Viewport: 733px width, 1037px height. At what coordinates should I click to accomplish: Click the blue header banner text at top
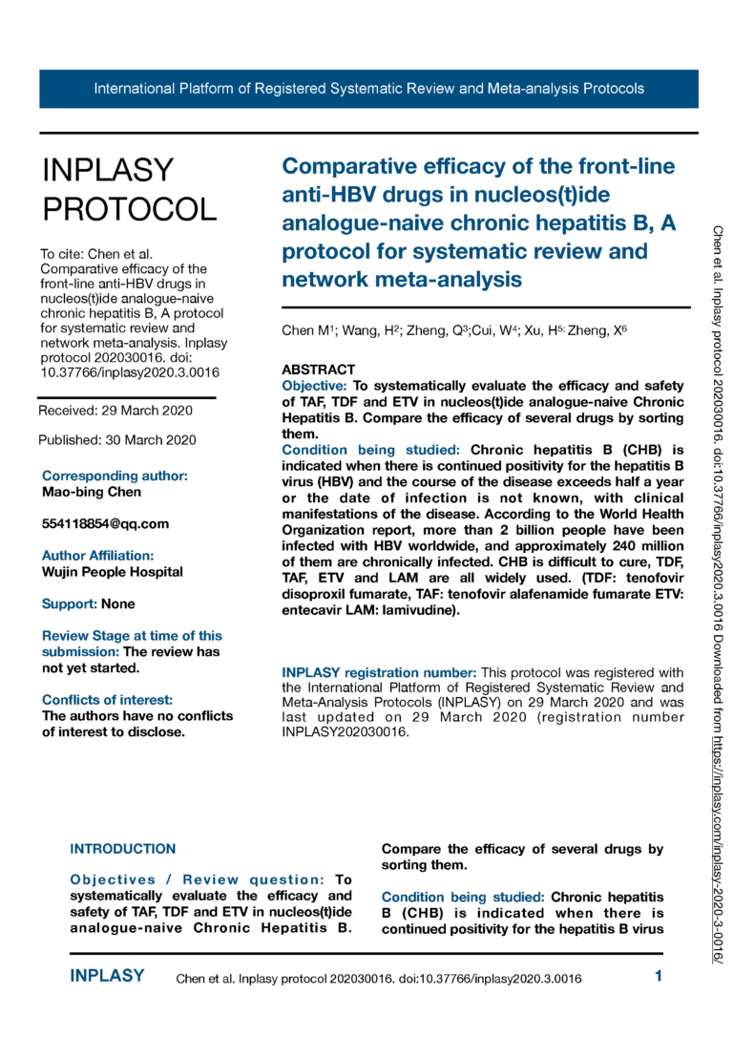click(368, 89)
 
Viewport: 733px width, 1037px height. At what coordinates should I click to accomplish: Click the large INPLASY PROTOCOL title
click(129, 189)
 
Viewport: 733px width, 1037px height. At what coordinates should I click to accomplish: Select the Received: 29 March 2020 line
click(115, 411)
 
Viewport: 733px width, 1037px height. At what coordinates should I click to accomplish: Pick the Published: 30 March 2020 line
click(117, 440)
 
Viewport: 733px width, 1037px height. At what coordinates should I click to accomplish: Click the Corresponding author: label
click(115, 476)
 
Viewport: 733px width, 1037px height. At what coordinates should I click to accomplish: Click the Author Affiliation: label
click(97, 555)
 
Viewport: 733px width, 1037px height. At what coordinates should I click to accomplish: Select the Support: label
click(69, 603)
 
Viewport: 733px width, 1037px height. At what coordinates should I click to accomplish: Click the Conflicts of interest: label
click(107, 700)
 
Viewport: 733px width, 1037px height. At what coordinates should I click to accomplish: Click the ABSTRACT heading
click(319, 370)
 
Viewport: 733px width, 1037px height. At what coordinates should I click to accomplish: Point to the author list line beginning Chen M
click(455, 330)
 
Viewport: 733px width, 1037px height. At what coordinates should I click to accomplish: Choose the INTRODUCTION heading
click(123, 848)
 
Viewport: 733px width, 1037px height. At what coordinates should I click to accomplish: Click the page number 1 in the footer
click(659, 976)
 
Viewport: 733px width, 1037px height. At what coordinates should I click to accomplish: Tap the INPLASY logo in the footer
click(108, 976)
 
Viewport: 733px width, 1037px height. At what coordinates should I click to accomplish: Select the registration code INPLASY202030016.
click(345, 732)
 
